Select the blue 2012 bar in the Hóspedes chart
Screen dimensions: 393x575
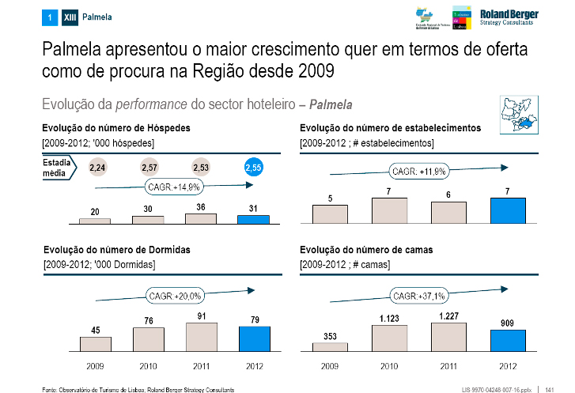(x=254, y=219)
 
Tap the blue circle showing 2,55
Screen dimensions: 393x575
(x=254, y=168)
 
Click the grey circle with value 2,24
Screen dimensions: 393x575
(x=97, y=168)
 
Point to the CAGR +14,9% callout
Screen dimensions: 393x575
(x=174, y=187)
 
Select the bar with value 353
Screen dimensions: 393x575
(x=330, y=346)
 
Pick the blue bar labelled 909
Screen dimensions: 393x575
(x=508, y=339)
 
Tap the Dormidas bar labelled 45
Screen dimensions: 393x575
(x=96, y=343)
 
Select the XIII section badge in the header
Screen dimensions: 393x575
(x=69, y=17)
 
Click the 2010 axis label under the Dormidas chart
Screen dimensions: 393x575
(x=149, y=365)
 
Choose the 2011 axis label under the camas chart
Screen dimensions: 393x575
(x=448, y=365)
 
